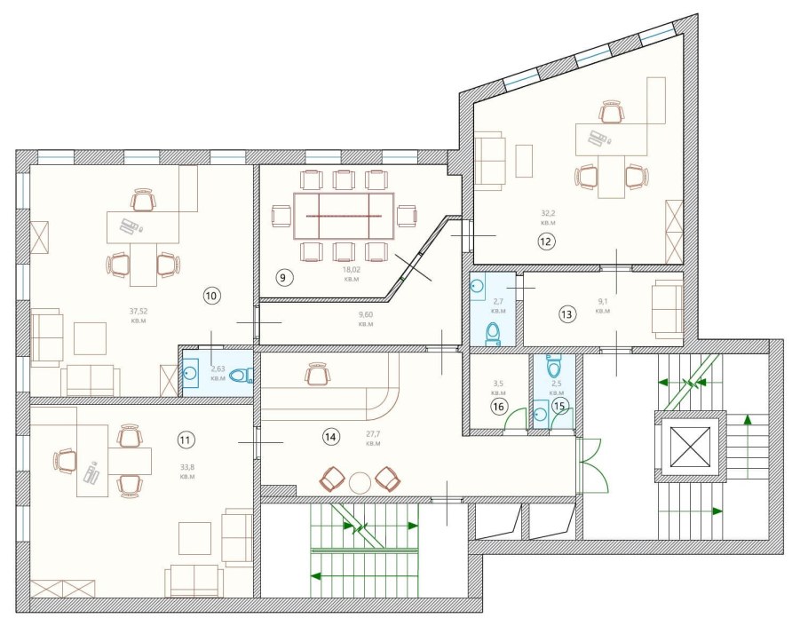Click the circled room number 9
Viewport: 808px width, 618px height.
point(283,278)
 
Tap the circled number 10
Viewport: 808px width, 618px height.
point(212,296)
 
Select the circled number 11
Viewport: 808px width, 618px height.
point(186,440)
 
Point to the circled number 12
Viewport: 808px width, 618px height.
point(546,241)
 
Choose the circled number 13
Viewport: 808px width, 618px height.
point(566,314)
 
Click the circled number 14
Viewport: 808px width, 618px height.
point(331,437)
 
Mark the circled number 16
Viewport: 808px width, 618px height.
point(498,407)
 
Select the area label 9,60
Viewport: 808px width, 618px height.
point(365,314)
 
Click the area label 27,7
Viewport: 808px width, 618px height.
point(373,434)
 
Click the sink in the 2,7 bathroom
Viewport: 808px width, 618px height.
point(477,287)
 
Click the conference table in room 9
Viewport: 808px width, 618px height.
point(344,216)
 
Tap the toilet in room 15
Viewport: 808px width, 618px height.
point(553,366)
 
